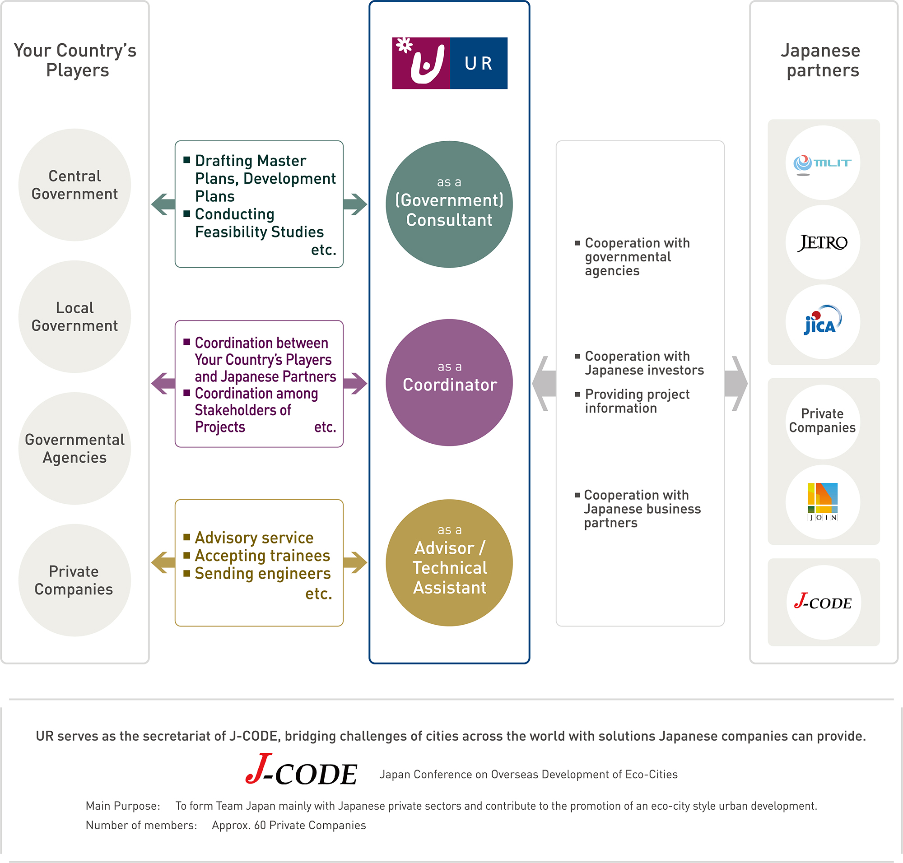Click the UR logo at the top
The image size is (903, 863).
(449, 63)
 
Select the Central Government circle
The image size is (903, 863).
(74, 185)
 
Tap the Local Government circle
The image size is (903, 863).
(74, 316)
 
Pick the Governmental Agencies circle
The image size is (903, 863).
(74, 448)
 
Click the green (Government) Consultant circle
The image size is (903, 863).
(449, 204)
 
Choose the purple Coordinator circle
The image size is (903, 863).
(449, 382)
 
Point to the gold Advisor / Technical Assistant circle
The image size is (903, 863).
(449, 562)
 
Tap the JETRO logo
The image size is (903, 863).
(822, 242)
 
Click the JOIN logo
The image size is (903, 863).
(823, 502)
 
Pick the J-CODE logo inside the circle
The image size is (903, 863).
(823, 601)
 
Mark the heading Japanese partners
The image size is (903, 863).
(822, 60)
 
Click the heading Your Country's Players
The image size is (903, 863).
(75, 60)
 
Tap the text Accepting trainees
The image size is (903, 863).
(262, 556)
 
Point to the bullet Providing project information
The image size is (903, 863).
(637, 401)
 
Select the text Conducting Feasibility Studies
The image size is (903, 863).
(259, 223)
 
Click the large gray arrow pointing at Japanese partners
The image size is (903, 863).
(736, 383)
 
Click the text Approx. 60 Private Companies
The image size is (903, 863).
(289, 825)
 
